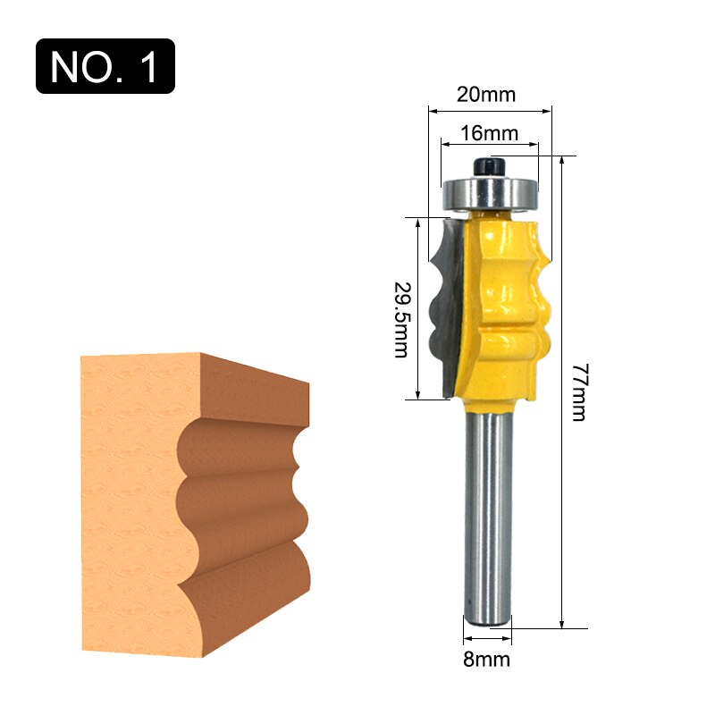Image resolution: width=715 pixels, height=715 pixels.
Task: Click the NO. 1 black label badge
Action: click(x=105, y=66)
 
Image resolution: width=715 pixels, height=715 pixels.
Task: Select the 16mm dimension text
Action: click(x=490, y=133)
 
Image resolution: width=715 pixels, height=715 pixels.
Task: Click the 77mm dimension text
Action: click(x=578, y=392)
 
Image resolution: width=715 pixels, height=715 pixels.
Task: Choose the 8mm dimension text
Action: click(x=487, y=660)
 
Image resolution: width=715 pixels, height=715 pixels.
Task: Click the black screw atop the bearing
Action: click(x=488, y=166)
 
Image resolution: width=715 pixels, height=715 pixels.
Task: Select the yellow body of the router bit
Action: click(x=505, y=304)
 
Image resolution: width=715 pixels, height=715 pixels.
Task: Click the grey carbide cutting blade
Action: click(x=447, y=304)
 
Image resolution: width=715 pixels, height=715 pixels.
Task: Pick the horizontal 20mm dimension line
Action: click(x=490, y=112)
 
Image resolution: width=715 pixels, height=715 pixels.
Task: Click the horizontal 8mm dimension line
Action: click(x=488, y=640)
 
